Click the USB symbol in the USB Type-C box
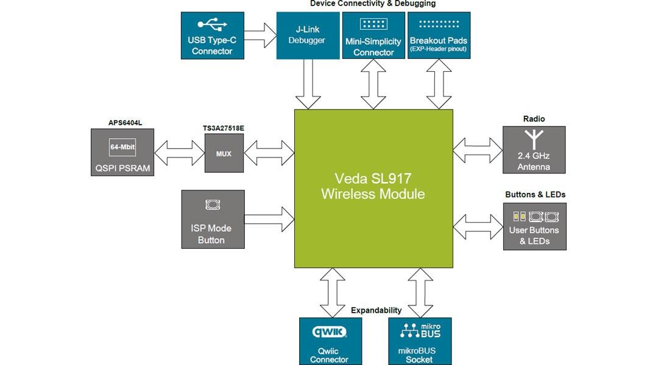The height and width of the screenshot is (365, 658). (x=212, y=25)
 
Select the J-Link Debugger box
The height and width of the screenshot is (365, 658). (x=307, y=36)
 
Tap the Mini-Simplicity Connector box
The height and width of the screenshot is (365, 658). (x=373, y=36)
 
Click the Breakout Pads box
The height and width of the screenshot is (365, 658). (x=438, y=36)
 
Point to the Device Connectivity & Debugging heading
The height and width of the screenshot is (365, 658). (x=373, y=4)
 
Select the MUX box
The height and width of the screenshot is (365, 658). (x=224, y=154)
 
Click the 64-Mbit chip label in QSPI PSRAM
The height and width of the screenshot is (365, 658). (x=122, y=147)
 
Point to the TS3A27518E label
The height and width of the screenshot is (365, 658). (x=223, y=128)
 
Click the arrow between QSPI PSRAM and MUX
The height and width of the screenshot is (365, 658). (x=179, y=153)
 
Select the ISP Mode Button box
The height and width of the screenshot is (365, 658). (x=213, y=219)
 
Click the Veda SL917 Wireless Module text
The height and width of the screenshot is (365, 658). (x=373, y=186)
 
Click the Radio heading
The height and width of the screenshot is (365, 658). (x=534, y=119)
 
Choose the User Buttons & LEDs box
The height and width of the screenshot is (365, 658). (x=534, y=226)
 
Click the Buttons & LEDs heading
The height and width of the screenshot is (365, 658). (x=535, y=195)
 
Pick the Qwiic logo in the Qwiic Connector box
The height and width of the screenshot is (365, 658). (x=330, y=332)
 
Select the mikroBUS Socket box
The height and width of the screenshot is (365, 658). (x=419, y=341)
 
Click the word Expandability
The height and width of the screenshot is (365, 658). (x=376, y=310)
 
